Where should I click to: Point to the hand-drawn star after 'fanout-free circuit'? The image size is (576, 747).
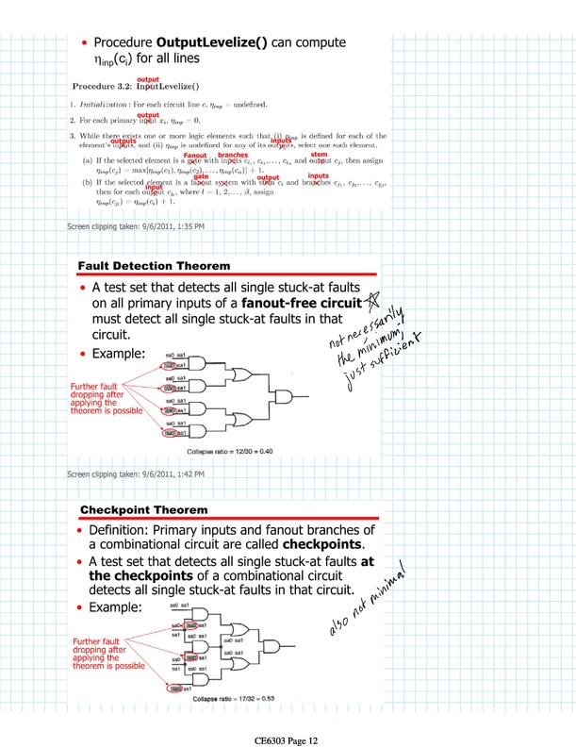(374, 301)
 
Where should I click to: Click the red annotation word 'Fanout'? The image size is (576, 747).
(195, 155)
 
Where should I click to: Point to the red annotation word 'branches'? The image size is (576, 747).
(233, 155)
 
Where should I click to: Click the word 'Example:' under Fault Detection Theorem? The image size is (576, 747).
(118, 354)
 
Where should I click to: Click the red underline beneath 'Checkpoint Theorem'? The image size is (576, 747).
(226, 520)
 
